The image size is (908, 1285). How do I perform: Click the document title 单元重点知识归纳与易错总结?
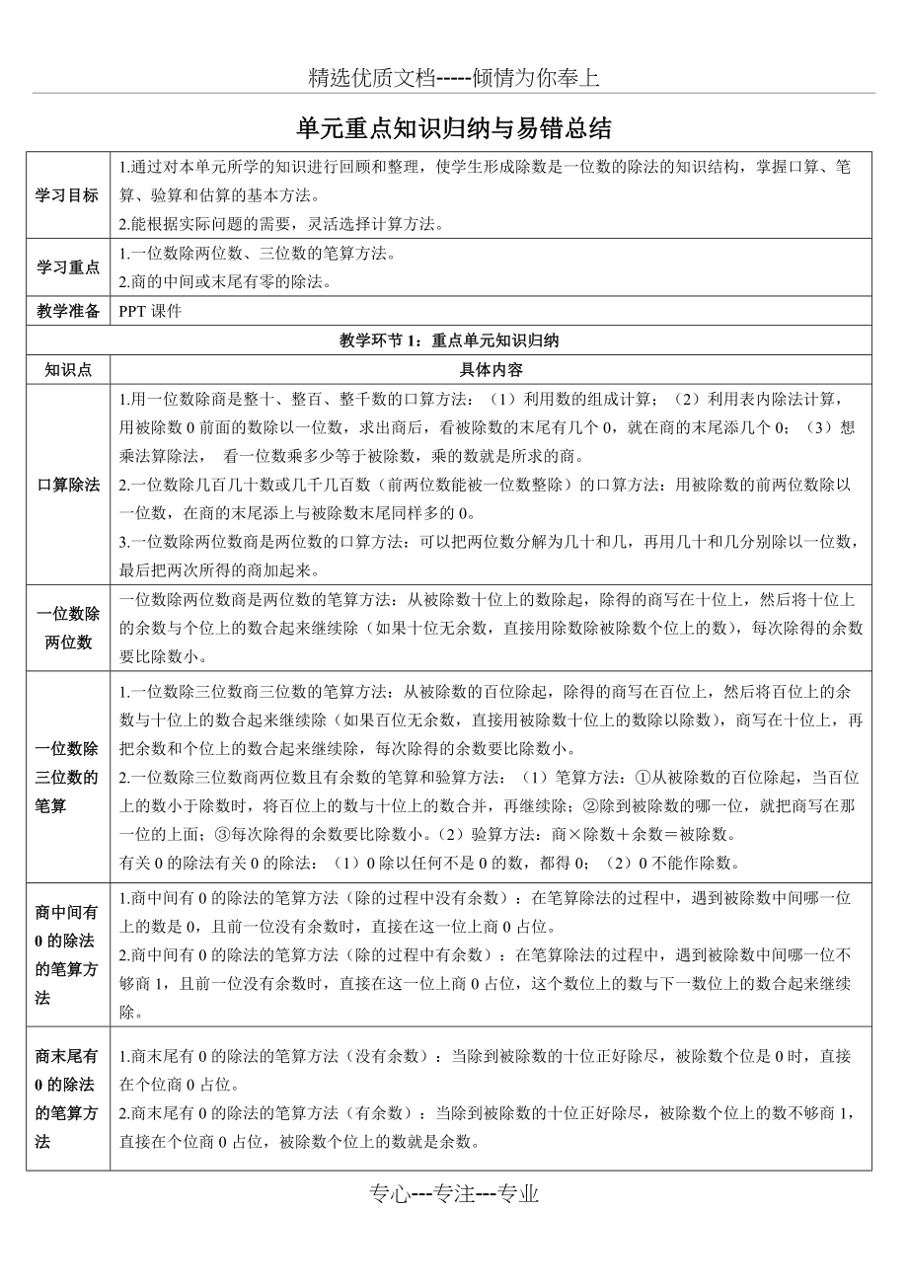(x=454, y=128)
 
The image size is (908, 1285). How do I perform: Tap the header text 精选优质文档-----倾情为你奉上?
(x=454, y=77)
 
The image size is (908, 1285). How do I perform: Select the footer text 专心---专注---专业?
(x=454, y=1194)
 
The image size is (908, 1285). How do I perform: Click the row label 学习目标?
(x=68, y=195)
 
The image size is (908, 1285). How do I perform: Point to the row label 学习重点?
(x=68, y=266)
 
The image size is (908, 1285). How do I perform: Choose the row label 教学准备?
(x=68, y=311)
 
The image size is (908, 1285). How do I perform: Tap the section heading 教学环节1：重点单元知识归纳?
(x=449, y=340)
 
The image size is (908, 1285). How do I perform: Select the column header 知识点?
(x=68, y=370)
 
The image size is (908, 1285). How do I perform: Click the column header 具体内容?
(x=491, y=370)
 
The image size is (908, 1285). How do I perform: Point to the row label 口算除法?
(x=68, y=485)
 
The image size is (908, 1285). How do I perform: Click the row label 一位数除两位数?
(x=68, y=629)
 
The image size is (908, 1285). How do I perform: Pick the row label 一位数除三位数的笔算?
(x=68, y=777)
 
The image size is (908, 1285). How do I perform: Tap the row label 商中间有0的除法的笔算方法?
(x=68, y=955)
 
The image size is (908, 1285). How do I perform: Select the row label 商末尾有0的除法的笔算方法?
(x=68, y=1098)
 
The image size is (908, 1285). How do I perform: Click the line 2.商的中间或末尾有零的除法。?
(x=224, y=281)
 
